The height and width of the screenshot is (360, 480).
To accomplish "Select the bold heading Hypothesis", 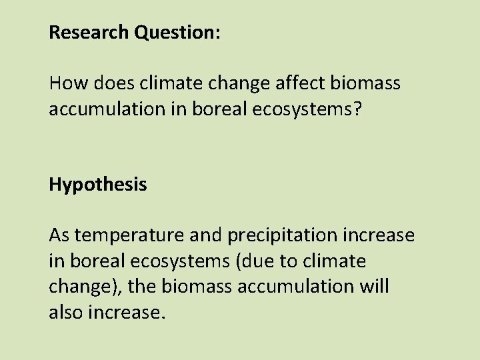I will [x=97, y=185].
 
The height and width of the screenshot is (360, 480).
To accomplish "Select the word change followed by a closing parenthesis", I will [x=77, y=287].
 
